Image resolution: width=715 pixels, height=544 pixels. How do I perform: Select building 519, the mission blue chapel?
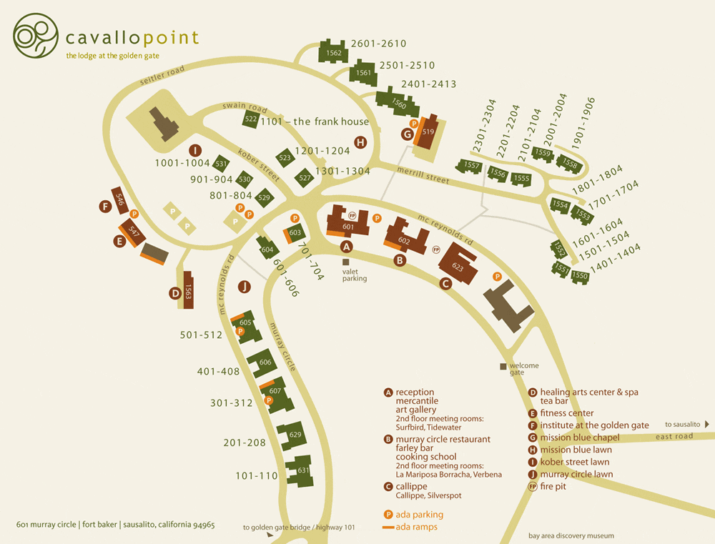[428, 132]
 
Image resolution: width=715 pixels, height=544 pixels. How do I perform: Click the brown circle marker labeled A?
[347, 247]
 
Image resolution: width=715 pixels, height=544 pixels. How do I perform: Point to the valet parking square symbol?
[346, 262]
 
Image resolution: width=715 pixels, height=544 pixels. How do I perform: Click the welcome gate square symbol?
[503, 366]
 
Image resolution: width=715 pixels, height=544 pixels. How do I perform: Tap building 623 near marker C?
[458, 264]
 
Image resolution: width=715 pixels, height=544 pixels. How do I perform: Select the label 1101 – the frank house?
[315, 122]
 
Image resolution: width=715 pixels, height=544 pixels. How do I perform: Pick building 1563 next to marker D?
[189, 291]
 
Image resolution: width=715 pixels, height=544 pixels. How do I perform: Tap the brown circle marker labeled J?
[245, 287]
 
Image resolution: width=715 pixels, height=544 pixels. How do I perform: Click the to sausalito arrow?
[707, 424]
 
